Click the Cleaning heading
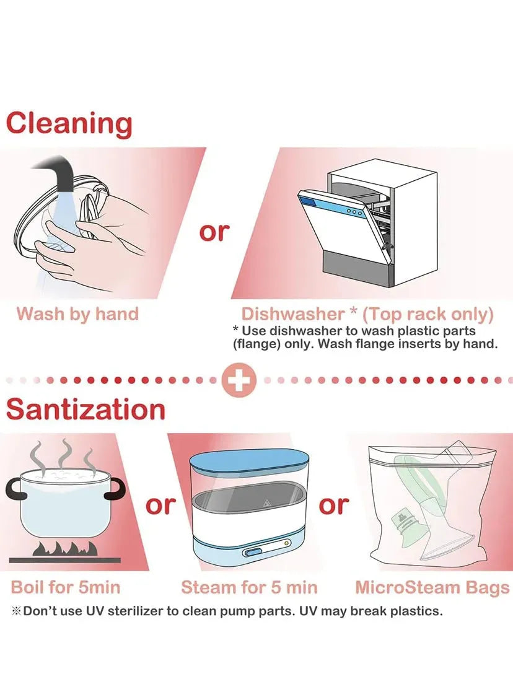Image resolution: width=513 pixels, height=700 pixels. point(69,124)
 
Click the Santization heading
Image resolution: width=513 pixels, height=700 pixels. point(85,409)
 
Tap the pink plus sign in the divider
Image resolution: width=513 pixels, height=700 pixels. point(239,380)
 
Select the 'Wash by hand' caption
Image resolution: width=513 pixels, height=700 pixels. point(77,314)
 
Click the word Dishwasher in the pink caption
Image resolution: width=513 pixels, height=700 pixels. point(293,314)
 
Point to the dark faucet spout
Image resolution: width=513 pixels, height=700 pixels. point(56,172)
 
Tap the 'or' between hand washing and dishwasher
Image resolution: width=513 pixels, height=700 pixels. point(214,232)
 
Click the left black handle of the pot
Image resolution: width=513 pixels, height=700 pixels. point(14,490)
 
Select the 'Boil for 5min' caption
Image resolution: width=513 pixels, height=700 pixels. point(66,587)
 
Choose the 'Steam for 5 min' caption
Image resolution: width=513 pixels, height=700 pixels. point(249,587)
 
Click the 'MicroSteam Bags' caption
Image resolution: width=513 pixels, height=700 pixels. point(432,587)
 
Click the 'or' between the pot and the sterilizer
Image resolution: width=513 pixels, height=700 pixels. point(160,505)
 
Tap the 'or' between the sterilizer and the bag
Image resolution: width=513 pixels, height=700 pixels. point(334,505)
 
